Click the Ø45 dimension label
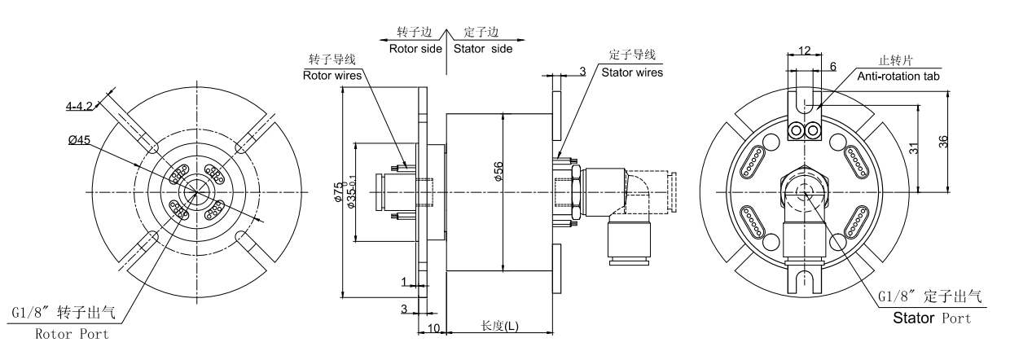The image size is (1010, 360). tap(79, 140)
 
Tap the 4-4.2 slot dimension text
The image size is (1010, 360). tap(79, 106)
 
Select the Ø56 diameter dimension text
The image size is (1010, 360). tap(498, 171)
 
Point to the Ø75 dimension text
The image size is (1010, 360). tap(338, 192)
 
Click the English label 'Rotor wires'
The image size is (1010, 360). tap(332, 75)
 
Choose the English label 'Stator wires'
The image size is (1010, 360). tap(632, 72)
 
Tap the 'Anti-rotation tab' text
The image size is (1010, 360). tap(898, 77)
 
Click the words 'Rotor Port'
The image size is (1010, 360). tap(72, 334)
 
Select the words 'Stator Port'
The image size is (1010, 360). tap(932, 318)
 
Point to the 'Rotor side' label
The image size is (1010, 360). tap(415, 49)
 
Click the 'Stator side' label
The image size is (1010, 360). tap(483, 49)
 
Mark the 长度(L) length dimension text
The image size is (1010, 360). tap(499, 326)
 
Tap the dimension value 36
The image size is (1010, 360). tap(943, 142)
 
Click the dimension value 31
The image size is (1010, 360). tap(914, 148)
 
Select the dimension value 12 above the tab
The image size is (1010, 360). tap(805, 50)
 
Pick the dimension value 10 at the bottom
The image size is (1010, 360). tap(433, 328)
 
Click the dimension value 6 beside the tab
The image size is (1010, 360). tap(832, 67)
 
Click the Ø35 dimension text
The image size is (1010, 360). tap(352, 191)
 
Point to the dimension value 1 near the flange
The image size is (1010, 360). tap(404, 282)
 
